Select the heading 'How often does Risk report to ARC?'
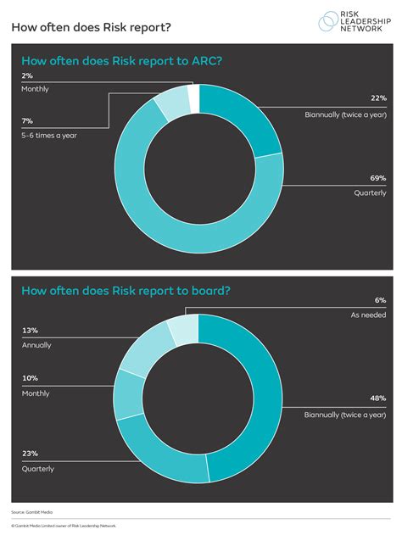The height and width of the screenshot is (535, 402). pyautogui.click(x=126, y=61)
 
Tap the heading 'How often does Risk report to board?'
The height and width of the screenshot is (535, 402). pyautogui.click(x=126, y=291)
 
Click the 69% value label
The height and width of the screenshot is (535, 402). pyautogui.click(x=377, y=179)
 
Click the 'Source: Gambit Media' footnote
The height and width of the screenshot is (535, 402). pyautogui.click(x=31, y=512)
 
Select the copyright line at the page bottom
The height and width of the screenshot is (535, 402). pyautogui.click(x=64, y=526)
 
